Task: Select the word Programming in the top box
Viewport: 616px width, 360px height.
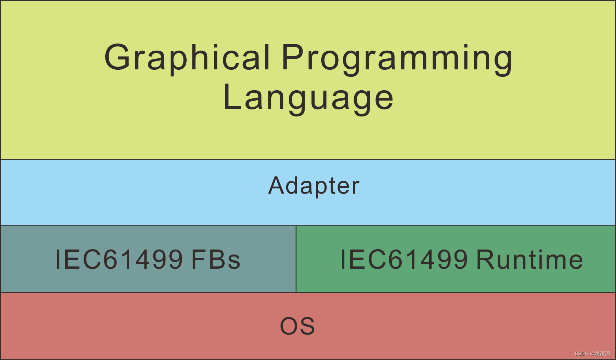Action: [x=397, y=58]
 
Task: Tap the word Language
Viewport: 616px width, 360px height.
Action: [x=308, y=98]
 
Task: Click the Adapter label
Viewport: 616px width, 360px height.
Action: [x=314, y=186]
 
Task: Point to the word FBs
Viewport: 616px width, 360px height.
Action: [x=216, y=259]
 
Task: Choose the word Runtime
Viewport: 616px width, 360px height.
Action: [x=530, y=259]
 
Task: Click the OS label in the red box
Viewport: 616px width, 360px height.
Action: [x=298, y=326]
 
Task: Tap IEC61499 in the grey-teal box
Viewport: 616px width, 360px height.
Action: [x=119, y=259]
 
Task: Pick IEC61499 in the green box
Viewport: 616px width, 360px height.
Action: [x=404, y=259]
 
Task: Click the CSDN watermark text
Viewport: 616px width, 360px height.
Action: [x=581, y=354]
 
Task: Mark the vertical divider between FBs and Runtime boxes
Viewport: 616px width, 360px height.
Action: [x=296, y=259]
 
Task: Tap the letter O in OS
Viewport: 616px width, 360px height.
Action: [x=289, y=326]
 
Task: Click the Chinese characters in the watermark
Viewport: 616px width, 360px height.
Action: [x=602, y=354]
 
